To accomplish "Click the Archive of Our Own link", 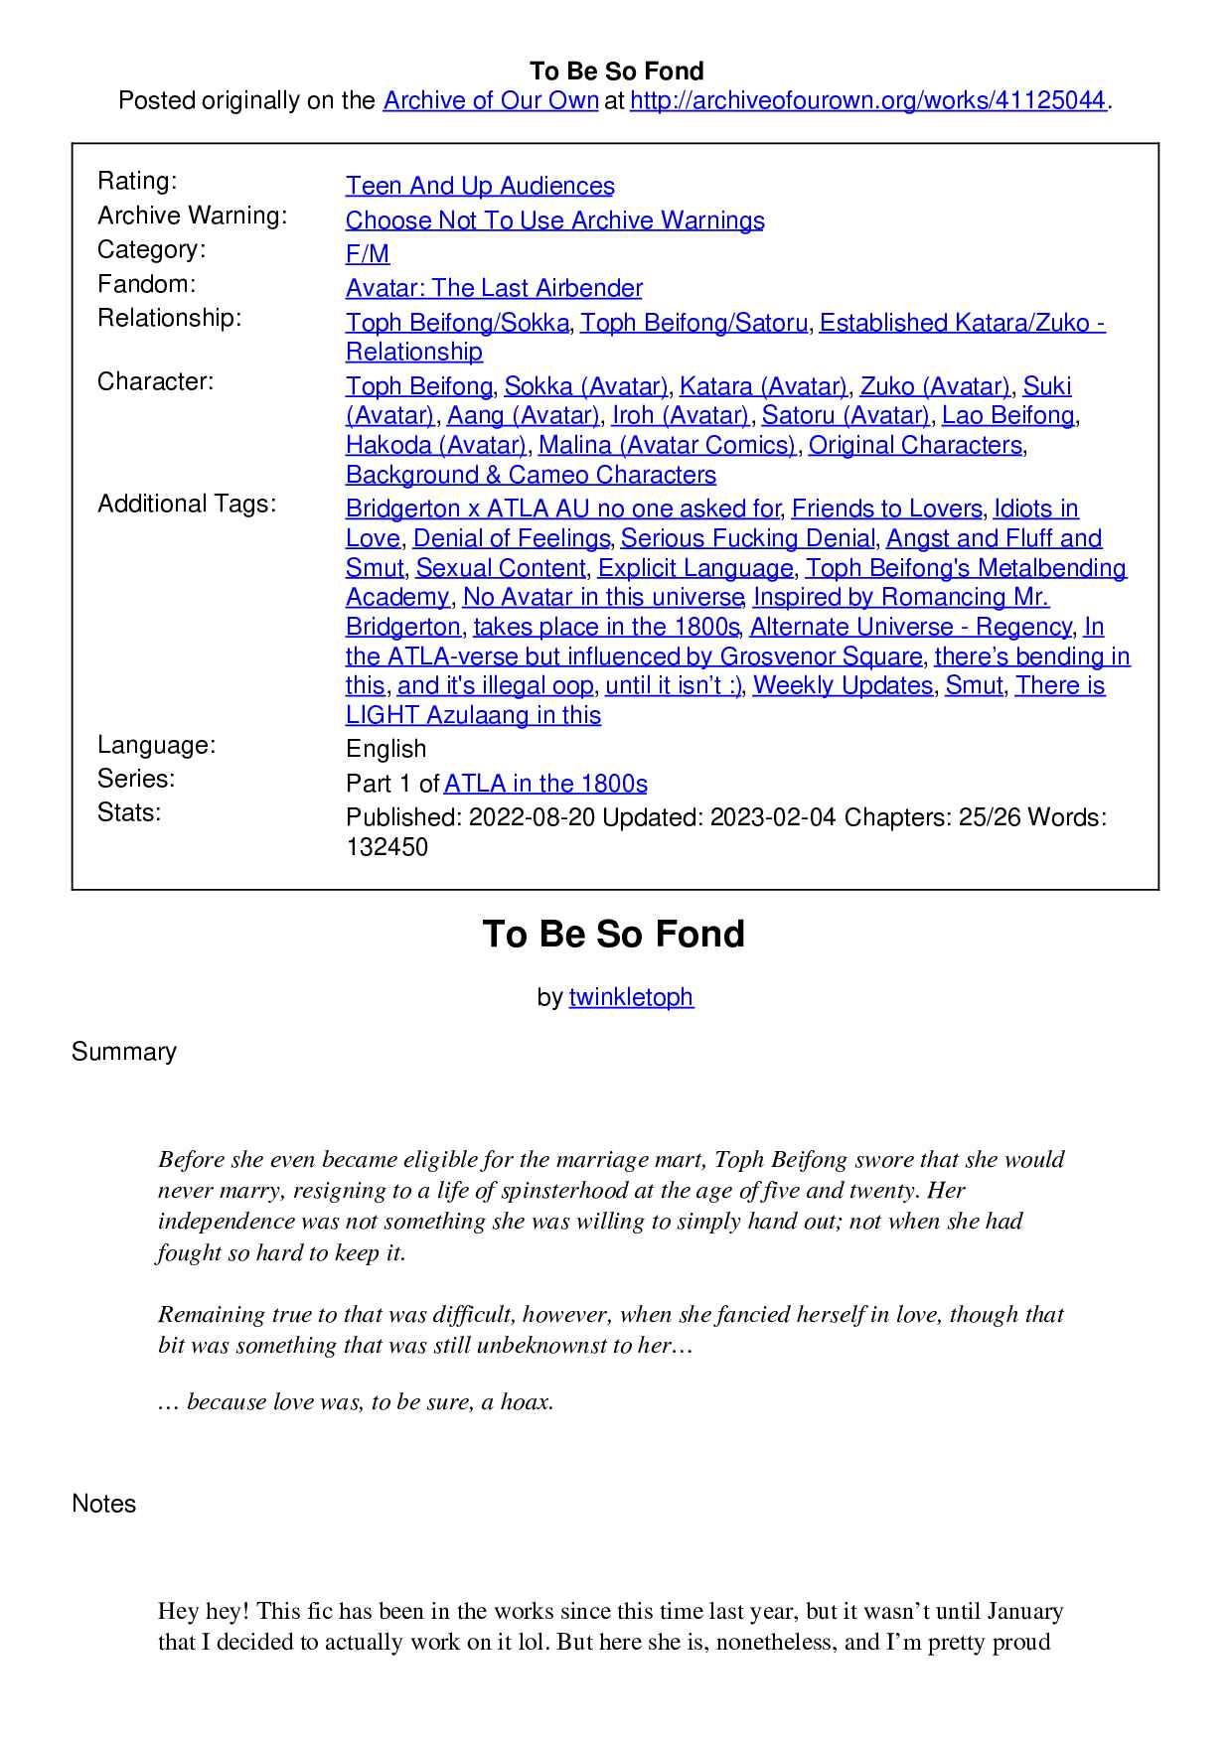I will coord(491,100).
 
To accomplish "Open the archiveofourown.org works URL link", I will coord(867,100).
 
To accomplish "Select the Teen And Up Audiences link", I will coord(480,186).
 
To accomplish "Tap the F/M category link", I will coord(368,254).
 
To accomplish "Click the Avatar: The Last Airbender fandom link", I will coord(494,288).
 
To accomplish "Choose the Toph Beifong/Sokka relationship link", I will coord(457,323).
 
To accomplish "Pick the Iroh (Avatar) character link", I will coord(681,415).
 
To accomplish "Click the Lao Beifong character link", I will coord(1007,415).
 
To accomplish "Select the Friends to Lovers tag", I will coord(886,508).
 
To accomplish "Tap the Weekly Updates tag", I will coord(843,685).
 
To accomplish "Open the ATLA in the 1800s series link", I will coord(545,784).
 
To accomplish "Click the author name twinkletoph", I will coord(631,997).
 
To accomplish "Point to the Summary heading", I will coord(124,1052).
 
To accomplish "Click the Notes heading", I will coord(104,1504).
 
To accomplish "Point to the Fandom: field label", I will coord(147,284).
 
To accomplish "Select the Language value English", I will coord(386,749).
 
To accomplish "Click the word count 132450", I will coord(387,847).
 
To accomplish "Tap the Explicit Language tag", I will coord(695,568).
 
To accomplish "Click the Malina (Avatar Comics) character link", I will coord(667,445).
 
